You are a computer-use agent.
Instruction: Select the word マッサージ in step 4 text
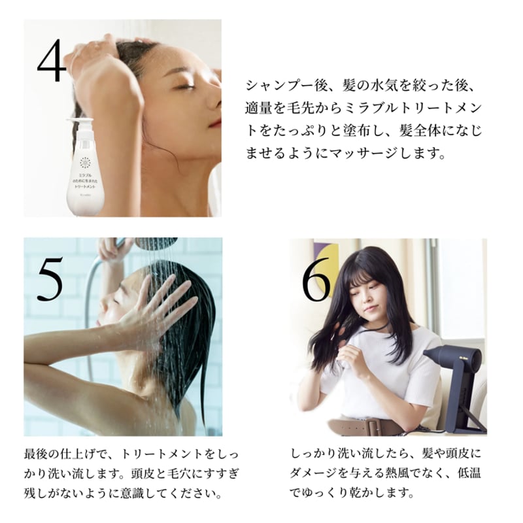[377, 156]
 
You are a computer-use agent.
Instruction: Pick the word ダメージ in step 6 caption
[320, 471]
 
